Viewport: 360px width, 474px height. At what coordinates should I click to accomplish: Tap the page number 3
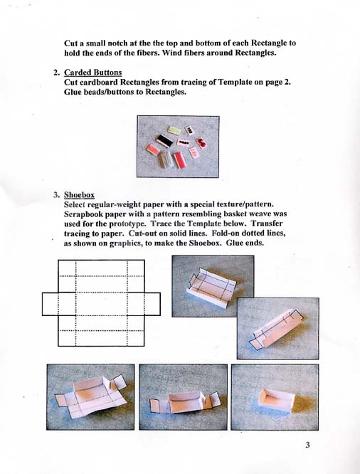tap(308, 446)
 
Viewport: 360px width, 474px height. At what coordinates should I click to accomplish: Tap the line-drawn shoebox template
tap(101, 302)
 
